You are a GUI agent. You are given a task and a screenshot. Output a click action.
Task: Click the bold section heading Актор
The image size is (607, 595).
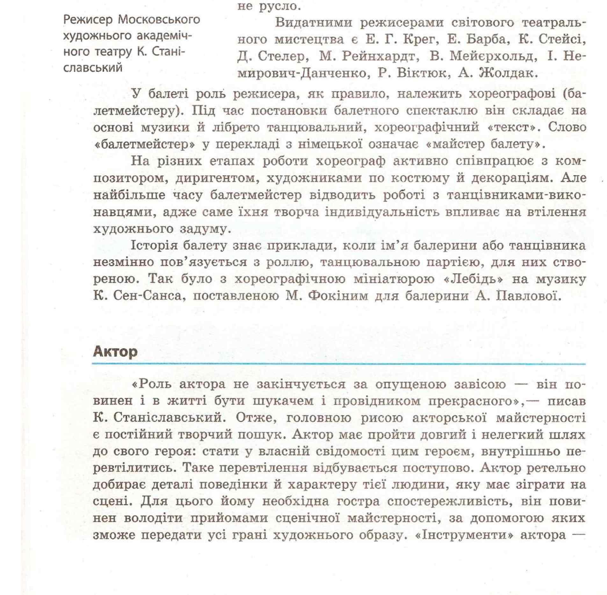point(115,352)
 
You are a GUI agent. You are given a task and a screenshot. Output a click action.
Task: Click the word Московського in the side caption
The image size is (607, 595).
point(159,20)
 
